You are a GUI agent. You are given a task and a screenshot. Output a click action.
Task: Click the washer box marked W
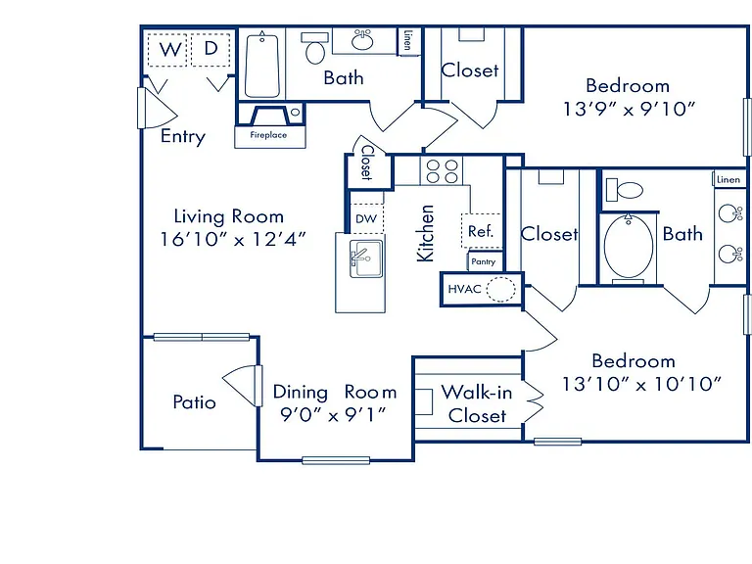[x=166, y=49]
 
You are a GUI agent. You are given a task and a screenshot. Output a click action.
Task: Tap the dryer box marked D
[x=211, y=49]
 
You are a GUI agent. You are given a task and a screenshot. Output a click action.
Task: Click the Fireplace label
[x=268, y=135]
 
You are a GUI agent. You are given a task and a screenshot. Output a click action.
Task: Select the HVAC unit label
[x=464, y=289]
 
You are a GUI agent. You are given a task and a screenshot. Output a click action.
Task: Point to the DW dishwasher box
[x=366, y=218]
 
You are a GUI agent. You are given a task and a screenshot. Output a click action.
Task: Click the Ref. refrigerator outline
[x=482, y=231]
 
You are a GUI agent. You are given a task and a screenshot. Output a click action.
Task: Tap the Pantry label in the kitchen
[x=484, y=261]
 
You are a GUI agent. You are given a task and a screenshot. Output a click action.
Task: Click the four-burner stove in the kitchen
[x=442, y=171]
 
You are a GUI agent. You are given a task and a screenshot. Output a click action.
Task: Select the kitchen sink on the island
[x=366, y=258]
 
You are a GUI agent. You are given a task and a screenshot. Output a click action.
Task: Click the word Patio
[x=194, y=401]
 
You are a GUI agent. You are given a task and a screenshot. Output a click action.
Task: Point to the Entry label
[x=183, y=136]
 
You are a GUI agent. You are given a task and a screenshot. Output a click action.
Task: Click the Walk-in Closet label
[x=477, y=403]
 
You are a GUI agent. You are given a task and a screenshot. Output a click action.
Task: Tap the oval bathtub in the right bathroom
[x=629, y=247]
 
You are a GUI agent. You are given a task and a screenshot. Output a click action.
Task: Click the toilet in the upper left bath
[x=314, y=48]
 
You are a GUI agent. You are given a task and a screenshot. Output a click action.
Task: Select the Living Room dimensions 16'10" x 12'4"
[x=233, y=239]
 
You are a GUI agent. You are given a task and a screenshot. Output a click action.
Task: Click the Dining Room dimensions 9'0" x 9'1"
[x=333, y=414]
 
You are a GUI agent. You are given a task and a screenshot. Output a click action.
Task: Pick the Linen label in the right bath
[x=728, y=180]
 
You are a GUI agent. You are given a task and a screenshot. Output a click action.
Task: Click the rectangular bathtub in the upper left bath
[x=261, y=66]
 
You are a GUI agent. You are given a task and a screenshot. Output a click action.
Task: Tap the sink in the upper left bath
[x=362, y=40]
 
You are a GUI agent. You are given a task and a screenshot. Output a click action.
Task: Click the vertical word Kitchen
[x=425, y=234]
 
